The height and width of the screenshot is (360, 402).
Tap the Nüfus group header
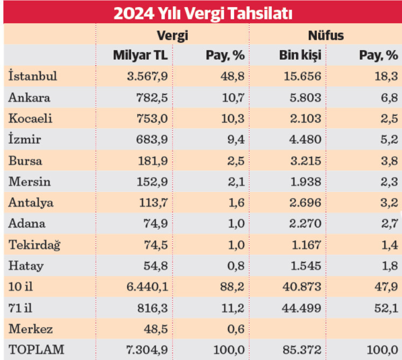[x=326, y=36]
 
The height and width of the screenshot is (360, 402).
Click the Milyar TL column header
[x=140, y=55]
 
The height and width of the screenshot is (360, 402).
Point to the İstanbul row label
[x=33, y=76]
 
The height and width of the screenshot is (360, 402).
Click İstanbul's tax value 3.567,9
[x=148, y=76]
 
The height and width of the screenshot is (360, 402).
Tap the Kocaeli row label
[x=30, y=118]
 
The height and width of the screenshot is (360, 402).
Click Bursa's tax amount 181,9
[x=153, y=160]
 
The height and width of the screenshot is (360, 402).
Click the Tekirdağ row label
[x=34, y=244]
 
